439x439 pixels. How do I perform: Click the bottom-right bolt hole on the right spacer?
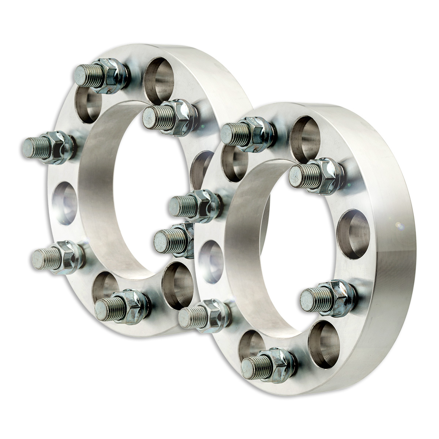pyautogui.click(x=322, y=344)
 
